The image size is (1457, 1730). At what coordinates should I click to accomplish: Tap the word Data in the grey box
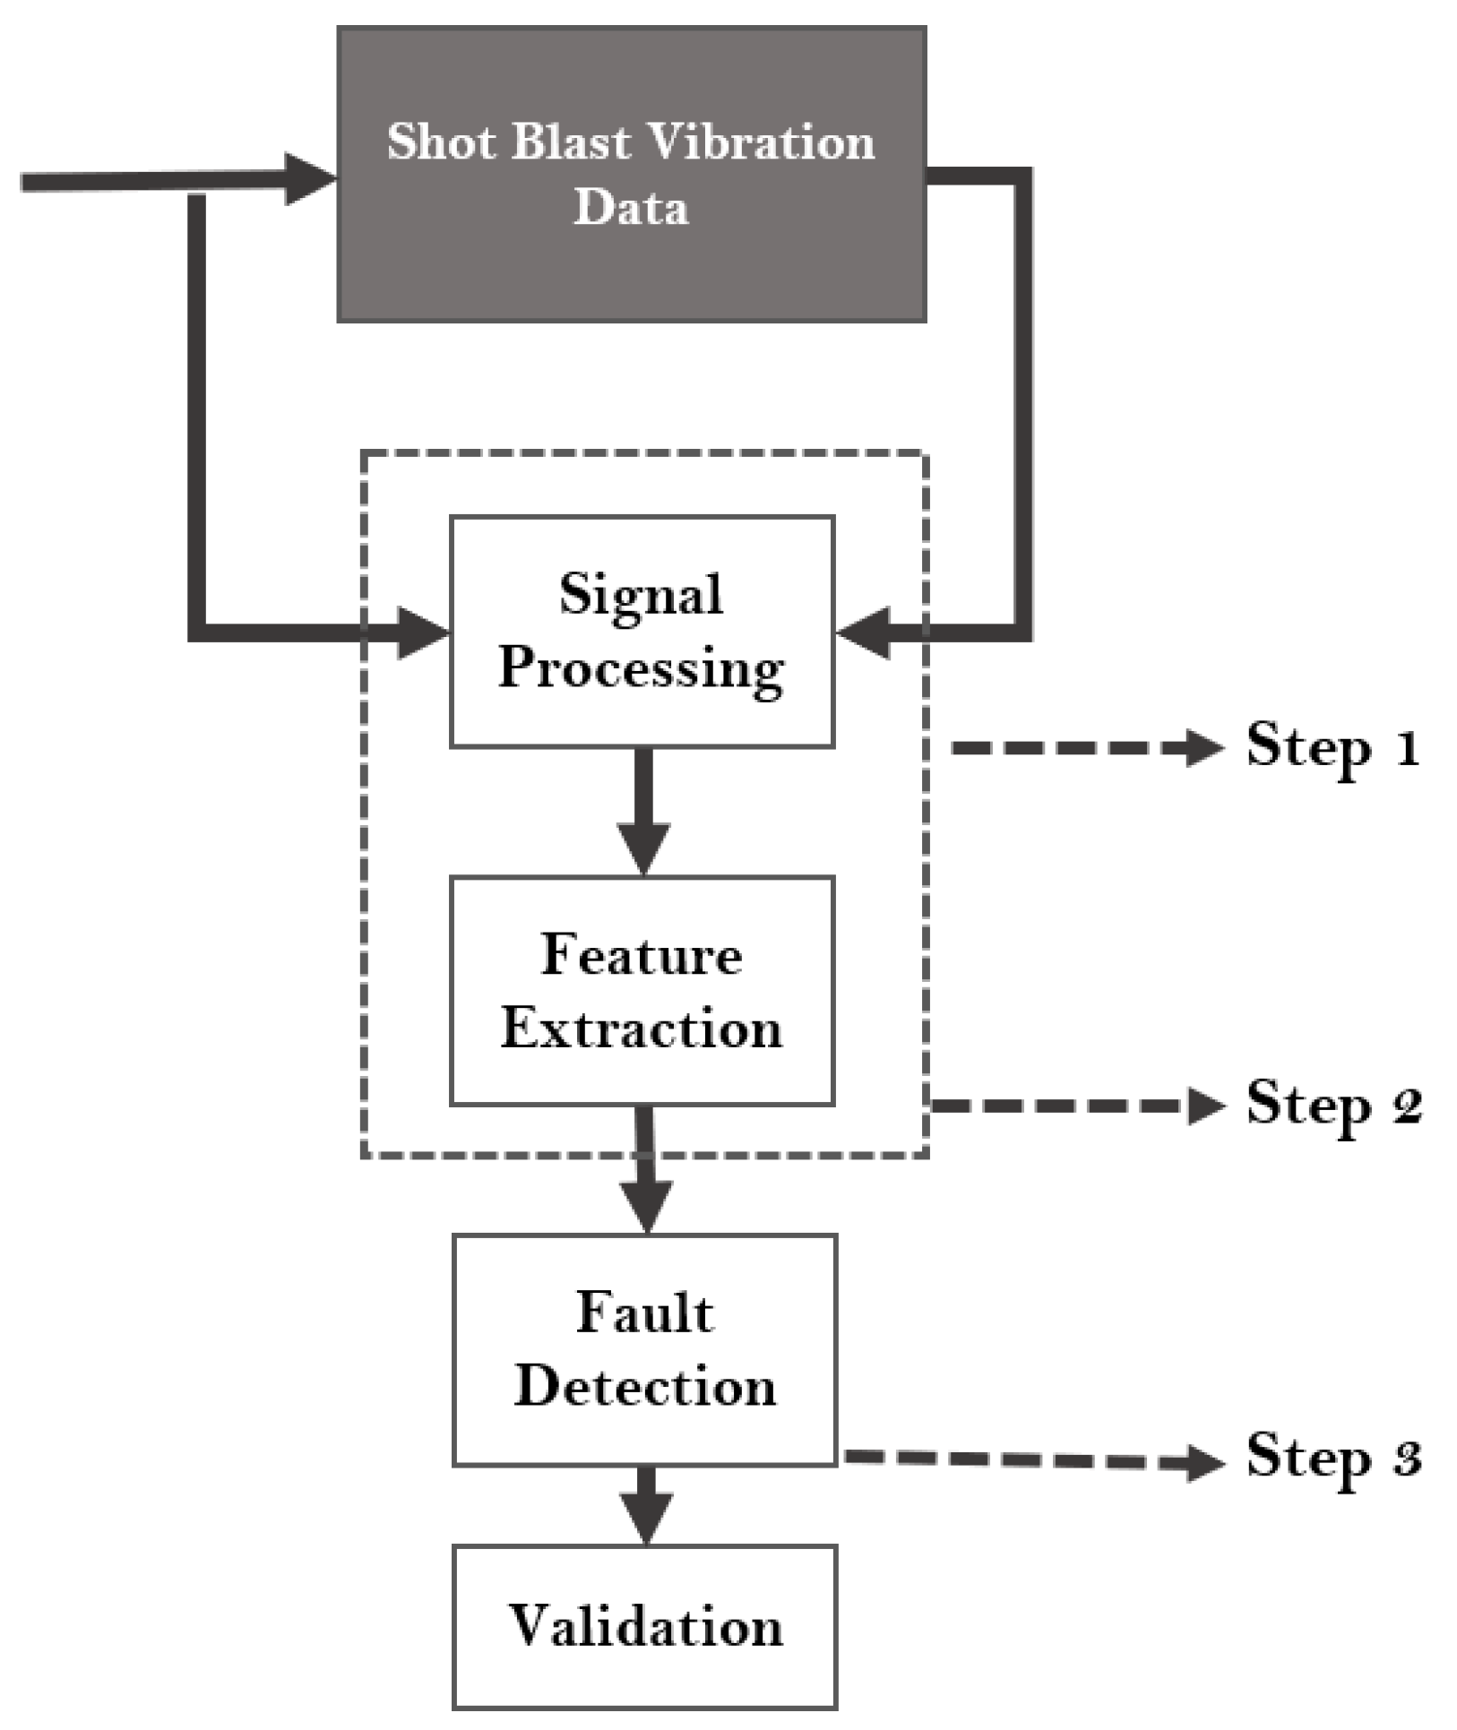point(631,207)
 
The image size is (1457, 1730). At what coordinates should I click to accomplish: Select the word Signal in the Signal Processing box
point(641,594)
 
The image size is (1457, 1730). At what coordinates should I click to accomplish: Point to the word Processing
point(641,669)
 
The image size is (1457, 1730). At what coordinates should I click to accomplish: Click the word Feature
point(642,955)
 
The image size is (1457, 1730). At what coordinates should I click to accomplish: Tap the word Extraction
point(642,1028)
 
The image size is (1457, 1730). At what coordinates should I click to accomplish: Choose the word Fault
point(644,1313)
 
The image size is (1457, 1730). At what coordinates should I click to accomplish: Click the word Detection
point(644,1386)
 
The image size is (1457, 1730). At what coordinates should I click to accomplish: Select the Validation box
point(644,1626)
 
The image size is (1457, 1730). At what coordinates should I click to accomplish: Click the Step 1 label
point(1332,747)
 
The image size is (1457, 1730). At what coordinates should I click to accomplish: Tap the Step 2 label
point(1332,1105)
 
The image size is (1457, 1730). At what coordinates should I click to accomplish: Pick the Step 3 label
point(1332,1456)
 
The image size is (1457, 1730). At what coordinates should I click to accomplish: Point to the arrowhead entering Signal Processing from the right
point(863,633)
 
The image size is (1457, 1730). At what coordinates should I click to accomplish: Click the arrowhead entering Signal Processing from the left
point(423,633)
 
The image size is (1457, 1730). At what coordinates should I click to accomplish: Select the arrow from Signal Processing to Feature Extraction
point(643,811)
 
